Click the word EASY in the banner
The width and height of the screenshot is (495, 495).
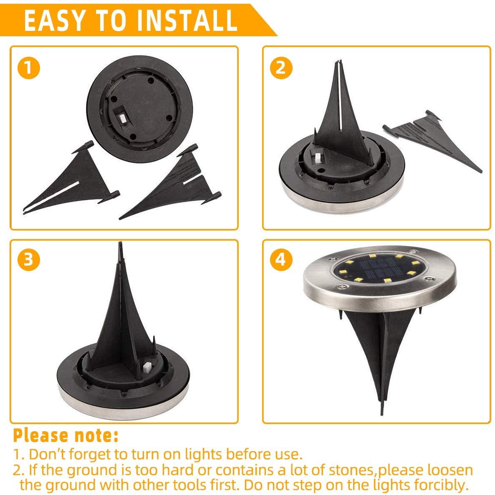coord(55,20)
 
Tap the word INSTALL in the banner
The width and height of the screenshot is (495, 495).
coord(187,20)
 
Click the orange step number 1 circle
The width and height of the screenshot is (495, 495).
coord(29,68)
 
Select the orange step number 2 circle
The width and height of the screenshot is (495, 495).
coord(281,68)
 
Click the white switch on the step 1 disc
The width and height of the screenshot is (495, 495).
coord(122,118)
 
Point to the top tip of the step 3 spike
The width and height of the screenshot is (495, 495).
coord(120,242)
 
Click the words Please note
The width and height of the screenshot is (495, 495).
coord(66,436)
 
